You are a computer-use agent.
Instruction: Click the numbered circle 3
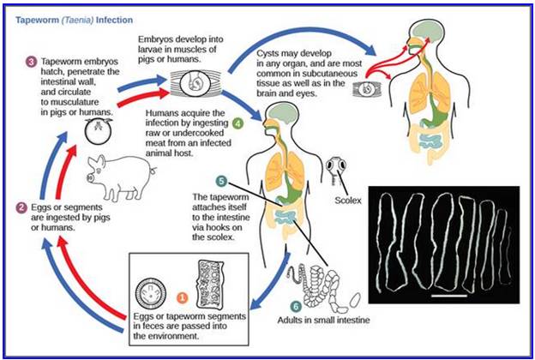32,63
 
